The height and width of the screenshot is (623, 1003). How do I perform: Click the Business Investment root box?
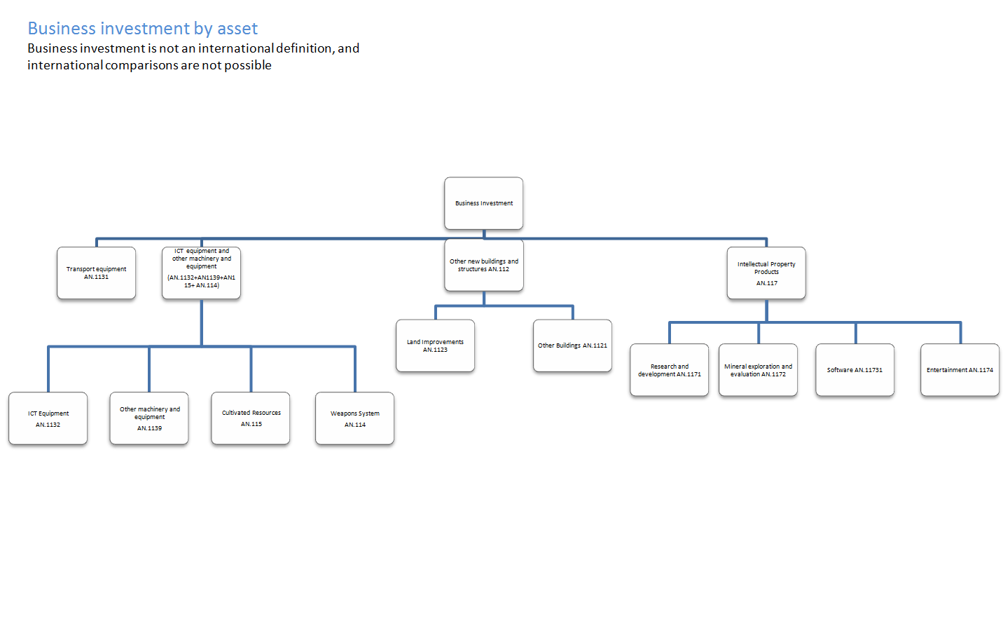click(483, 203)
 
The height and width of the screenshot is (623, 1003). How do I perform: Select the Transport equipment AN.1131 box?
click(97, 273)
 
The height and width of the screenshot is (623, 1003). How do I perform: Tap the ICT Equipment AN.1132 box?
click(48, 418)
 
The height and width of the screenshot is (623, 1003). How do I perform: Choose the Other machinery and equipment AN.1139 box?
click(149, 418)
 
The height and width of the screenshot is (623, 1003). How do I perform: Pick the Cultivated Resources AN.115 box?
click(251, 418)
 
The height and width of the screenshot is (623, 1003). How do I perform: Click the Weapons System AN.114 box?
click(354, 418)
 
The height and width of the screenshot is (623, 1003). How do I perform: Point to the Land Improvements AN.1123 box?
click(435, 345)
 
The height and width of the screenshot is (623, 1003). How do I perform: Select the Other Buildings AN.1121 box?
click(572, 345)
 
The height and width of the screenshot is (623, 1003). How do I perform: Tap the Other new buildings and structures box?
click(483, 266)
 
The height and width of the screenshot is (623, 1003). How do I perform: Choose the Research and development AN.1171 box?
click(669, 370)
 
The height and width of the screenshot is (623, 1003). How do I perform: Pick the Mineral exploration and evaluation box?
click(758, 370)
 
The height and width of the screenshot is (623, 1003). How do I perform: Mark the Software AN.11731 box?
click(855, 370)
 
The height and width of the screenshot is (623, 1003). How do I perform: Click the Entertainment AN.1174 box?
click(960, 370)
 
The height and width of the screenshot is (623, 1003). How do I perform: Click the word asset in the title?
click(237, 29)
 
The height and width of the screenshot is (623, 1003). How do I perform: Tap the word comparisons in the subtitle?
click(141, 65)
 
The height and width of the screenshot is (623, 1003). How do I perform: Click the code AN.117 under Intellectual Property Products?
click(766, 283)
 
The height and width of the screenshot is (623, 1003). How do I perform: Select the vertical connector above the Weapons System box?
click(355, 369)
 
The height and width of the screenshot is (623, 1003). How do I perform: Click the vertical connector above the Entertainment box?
click(960, 333)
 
